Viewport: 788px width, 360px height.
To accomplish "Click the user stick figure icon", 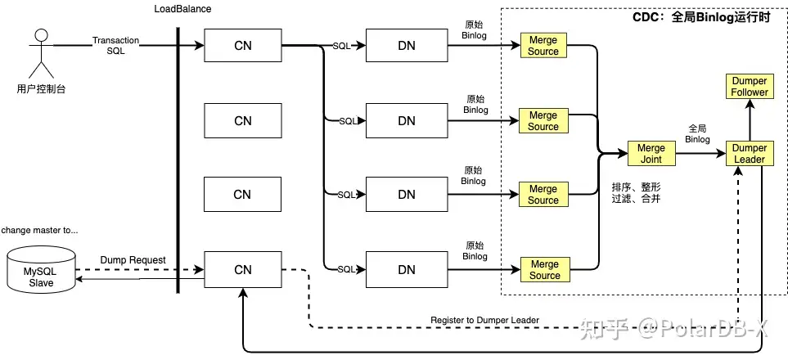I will coord(40,51).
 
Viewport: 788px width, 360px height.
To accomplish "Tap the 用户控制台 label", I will coord(41,88).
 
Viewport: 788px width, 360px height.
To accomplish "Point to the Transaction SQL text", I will coord(115,45).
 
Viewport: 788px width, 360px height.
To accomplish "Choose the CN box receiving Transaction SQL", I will coord(243,46).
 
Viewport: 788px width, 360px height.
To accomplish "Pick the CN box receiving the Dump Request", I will coord(243,269).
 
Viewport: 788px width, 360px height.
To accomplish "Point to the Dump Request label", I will coord(133,260).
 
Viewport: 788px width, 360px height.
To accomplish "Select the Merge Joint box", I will coord(651,154).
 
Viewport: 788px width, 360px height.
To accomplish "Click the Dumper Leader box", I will coord(750,154).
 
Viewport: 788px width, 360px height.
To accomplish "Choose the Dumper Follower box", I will coord(750,87).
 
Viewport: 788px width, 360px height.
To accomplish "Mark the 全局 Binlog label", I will coord(697,133).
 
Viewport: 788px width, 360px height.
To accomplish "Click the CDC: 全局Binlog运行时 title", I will coord(701,17).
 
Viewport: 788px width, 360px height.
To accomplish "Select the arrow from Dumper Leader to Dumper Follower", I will coord(750,120).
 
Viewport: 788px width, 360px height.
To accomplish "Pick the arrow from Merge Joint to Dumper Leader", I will coord(700,154).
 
